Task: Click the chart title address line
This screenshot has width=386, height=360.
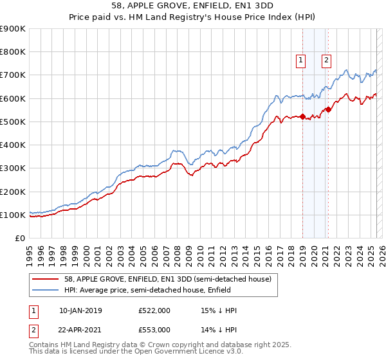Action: tap(192, 6)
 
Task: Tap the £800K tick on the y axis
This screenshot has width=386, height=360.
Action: tap(13, 52)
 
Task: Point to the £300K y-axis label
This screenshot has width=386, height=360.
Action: tap(13, 168)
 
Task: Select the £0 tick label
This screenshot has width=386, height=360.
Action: tap(19, 239)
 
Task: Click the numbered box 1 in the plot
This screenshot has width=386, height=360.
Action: tap(300, 60)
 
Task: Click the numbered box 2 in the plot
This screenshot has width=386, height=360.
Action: tap(326, 60)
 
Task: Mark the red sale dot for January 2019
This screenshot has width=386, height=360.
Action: tap(302, 116)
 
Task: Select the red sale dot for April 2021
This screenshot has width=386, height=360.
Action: tap(328, 109)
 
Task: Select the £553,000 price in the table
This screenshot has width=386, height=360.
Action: tap(154, 329)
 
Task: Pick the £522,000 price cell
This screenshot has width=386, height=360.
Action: tap(154, 311)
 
